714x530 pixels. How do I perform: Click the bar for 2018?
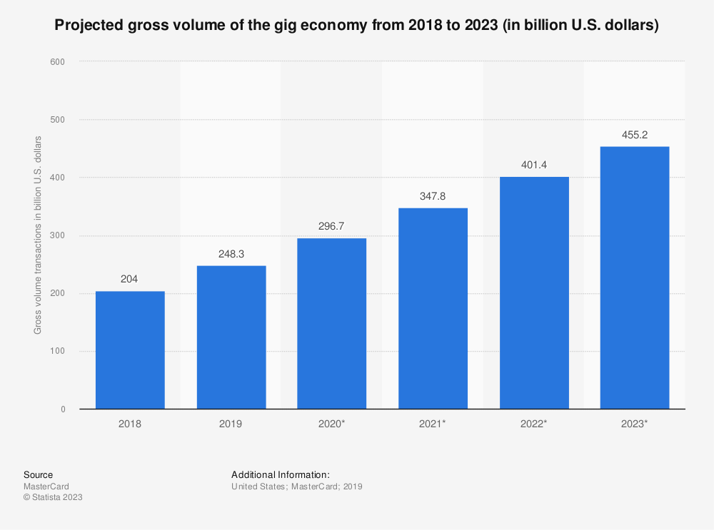(130, 350)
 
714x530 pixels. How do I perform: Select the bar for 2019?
(231, 337)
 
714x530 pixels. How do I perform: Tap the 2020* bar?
(332, 323)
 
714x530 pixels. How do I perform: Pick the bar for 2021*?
(433, 308)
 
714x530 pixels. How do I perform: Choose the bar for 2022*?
(534, 292)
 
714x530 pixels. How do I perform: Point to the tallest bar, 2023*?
(635, 277)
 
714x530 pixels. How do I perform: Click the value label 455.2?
(635, 135)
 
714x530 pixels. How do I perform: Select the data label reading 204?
(130, 280)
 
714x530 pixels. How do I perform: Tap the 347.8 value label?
(433, 196)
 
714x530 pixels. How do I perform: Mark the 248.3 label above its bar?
(231, 254)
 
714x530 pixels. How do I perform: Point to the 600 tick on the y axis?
(58, 62)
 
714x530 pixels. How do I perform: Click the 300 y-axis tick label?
(58, 236)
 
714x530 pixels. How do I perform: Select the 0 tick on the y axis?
(63, 409)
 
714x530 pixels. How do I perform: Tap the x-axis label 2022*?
(534, 424)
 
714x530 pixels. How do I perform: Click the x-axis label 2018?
(130, 424)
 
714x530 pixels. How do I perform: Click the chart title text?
(356, 26)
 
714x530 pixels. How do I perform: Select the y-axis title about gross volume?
(38, 234)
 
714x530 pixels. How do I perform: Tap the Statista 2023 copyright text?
(53, 498)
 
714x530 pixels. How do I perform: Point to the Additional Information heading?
(281, 475)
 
